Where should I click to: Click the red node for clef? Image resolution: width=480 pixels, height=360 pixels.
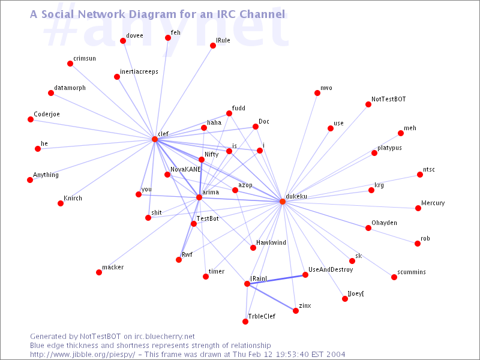coord(155,139)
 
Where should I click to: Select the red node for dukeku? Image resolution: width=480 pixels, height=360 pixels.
coord(283,202)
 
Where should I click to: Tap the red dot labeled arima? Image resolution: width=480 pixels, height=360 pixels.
coord(199,197)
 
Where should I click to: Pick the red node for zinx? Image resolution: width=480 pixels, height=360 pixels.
coord(296,311)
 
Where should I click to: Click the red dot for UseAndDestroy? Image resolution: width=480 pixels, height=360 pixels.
coord(305,275)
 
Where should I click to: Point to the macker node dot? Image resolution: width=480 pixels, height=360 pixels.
coord(99,272)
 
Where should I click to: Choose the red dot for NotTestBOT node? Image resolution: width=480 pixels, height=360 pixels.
coord(368,104)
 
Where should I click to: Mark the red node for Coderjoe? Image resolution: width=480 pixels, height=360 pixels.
coord(31,119)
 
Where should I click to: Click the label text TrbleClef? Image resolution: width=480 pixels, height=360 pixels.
coord(262,316)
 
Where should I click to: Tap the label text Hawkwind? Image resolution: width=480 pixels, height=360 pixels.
coord(271,243)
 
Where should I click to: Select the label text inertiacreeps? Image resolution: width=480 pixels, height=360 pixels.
coord(139,71)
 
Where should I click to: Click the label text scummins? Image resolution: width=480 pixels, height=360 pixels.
coord(412,272)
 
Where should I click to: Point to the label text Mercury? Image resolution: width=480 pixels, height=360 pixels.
coord(433,203)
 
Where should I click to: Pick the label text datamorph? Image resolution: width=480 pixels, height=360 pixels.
coord(70,88)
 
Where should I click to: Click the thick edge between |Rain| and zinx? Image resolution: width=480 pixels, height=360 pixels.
coord(272,298)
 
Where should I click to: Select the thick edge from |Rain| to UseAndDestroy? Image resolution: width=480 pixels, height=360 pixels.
coord(277,279)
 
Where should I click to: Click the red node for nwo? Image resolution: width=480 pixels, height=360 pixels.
coord(317,93)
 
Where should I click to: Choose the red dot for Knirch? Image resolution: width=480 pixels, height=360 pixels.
coord(61,203)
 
